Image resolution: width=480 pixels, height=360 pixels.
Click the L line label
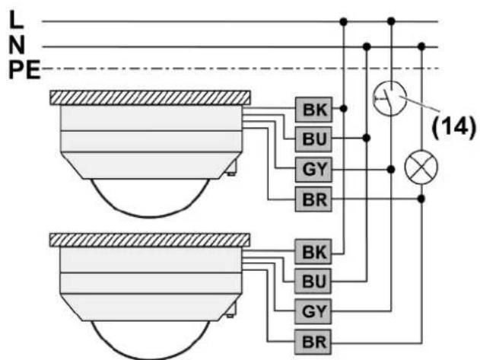click(x=16, y=20)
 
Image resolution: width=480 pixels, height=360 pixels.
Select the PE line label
click(x=24, y=70)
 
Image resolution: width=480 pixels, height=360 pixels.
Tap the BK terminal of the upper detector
click(x=313, y=110)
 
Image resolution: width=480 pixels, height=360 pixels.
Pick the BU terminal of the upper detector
click(x=313, y=139)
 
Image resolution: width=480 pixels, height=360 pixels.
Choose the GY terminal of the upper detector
click(x=313, y=169)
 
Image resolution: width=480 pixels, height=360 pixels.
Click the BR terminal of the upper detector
click(x=313, y=199)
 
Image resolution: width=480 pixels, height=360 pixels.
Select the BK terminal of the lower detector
click(x=313, y=252)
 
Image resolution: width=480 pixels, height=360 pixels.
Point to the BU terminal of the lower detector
click(x=313, y=282)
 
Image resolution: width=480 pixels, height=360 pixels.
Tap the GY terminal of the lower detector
click(x=313, y=311)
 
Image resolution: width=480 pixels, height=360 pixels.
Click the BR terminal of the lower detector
click(x=313, y=342)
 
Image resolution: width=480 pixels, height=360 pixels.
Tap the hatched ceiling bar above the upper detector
click(x=150, y=97)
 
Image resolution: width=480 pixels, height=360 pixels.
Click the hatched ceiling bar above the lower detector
click(x=150, y=241)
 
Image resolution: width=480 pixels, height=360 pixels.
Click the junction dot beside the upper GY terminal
click(x=391, y=169)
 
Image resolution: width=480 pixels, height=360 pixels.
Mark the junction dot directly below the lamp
click(x=421, y=199)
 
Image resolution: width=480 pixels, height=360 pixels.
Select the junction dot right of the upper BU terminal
click(x=367, y=139)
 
